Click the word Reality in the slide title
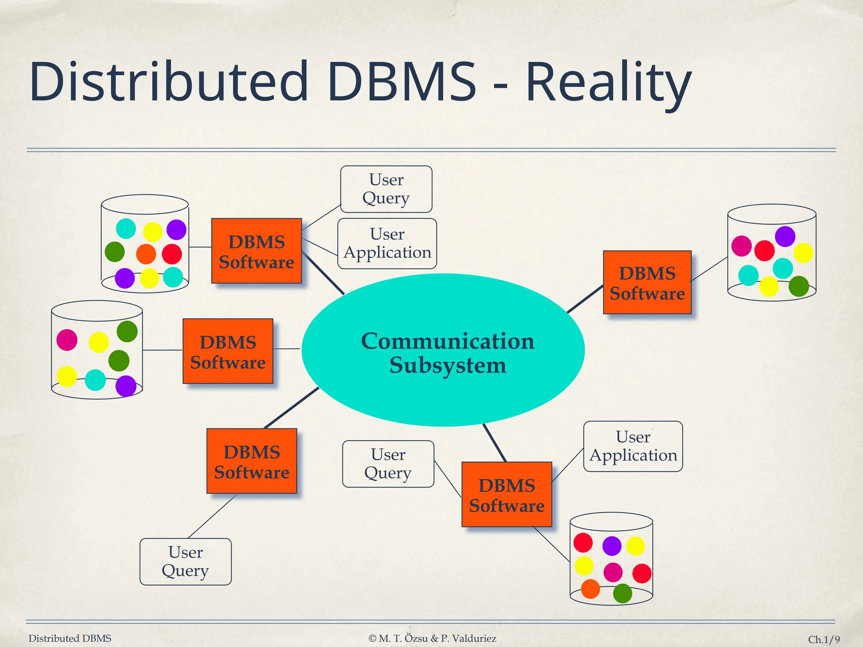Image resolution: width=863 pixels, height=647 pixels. click(x=608, y=82)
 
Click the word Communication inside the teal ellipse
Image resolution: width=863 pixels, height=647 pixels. click(x=448, y=341)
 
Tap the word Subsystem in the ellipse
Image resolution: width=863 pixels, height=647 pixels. click(x=448, y=365)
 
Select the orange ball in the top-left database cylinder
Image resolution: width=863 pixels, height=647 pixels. click(x=146, y=254)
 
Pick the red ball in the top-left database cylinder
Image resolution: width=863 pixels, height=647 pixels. click(x=172, y=254)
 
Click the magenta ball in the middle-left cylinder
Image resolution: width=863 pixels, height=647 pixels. click(x=67, y=340)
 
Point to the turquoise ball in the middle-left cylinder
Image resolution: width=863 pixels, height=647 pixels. click(x=95, y=380)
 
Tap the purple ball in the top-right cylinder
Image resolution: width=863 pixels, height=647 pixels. click(x=785, y=236)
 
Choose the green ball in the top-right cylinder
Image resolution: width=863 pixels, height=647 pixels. click(x=799, y=286)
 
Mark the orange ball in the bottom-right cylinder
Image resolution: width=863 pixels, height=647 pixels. click(x=590, y=589)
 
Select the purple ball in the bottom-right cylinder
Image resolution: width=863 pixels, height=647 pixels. click(x=612, y=546)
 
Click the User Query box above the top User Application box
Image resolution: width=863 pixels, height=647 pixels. click(x=386, y=189)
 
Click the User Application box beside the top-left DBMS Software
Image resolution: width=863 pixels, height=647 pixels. click(x=387, y=243)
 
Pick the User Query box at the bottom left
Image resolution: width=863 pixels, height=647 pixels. click(x=185, y=561)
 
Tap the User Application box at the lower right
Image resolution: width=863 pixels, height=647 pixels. click(x=633, y=446)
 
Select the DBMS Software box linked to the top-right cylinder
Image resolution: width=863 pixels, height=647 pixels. click(x=647, y=283)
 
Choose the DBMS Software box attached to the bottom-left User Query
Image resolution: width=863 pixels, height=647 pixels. click(x=252, y=461)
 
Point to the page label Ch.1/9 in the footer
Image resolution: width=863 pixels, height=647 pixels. click(x=823, y=639)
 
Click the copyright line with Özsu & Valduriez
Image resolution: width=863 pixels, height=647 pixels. click(x=432, y=639)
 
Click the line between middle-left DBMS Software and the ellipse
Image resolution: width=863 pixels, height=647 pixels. click(x=287, y=349)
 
